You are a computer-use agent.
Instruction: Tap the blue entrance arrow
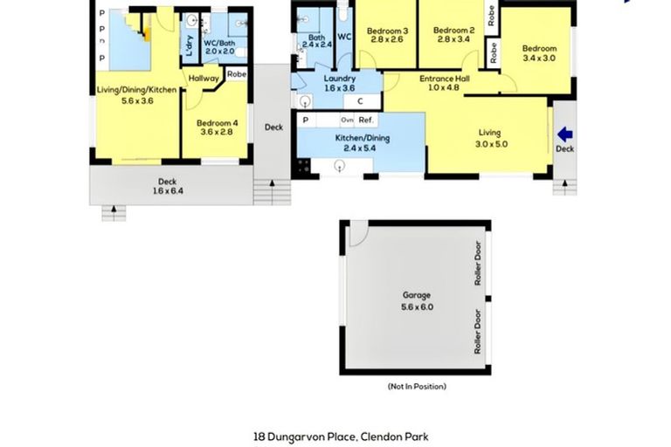click(x=565, y=134)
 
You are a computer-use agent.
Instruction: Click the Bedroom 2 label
click(x=451, y=34)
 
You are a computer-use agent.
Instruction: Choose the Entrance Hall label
click(x=445, y=83)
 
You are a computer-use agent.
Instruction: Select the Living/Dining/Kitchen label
click(x=136, y=94)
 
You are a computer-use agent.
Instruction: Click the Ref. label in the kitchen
click(x=365, y=120)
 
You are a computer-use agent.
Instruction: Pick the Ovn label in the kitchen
click(x=347, y=120)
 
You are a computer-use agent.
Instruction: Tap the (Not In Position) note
click(x=417, y=386)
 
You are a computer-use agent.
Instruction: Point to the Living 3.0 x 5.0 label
click(x=489, y=138)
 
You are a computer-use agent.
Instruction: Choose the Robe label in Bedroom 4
click(x=236, y=75)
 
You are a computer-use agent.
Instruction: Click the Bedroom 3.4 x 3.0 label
click(x=539, y=53)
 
